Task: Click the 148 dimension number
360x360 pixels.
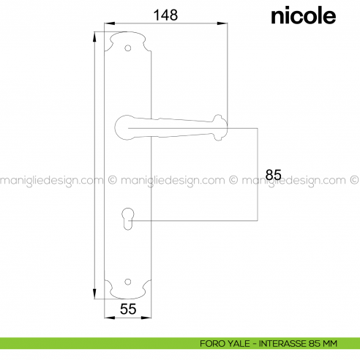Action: click(165, 15)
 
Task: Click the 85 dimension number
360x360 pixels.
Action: click(273, 175)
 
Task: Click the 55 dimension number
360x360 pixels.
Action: click(128, 310)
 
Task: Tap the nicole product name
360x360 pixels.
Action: click(304, 16)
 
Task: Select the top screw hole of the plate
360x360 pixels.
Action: click(127, 48)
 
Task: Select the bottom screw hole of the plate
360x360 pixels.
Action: click(127, 282)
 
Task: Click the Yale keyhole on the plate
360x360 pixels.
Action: click(128, 219)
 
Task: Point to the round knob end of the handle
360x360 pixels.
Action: click(220, 128)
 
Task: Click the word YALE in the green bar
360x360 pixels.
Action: click(239, 344)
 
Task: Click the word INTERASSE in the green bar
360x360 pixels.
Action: click(282, 344)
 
